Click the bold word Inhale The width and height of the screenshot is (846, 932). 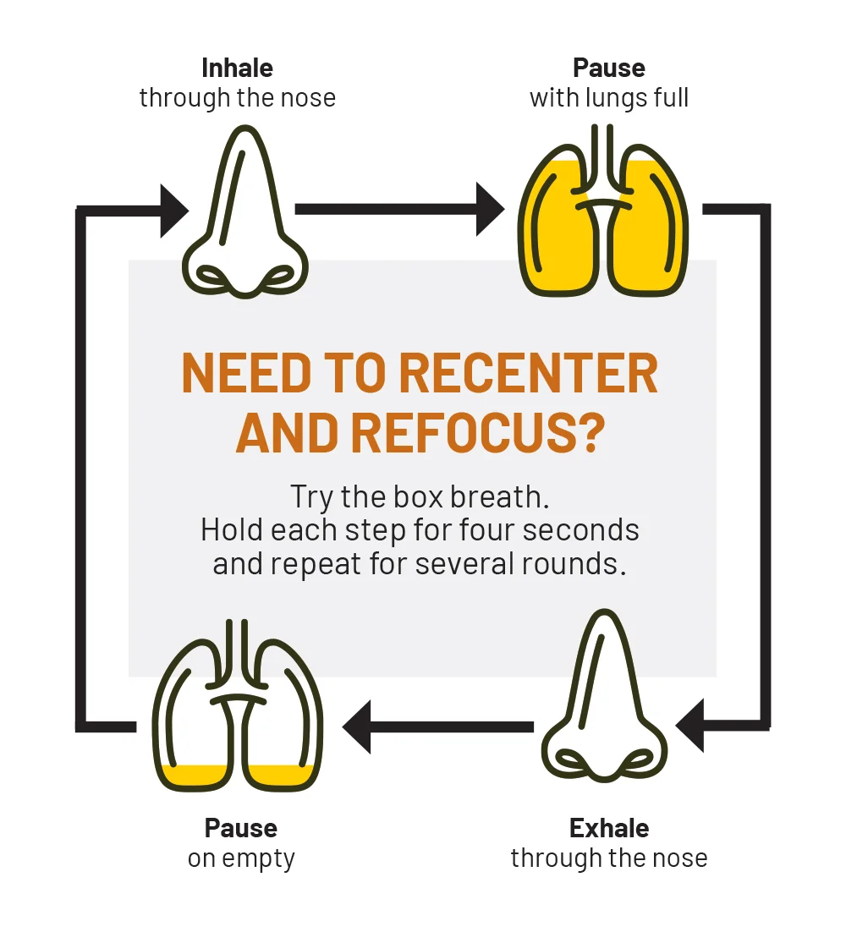237,68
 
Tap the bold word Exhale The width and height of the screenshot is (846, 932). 609,827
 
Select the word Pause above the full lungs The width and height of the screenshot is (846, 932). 609,68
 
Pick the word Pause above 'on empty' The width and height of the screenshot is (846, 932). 241,827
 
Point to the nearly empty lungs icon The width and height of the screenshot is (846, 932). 238,706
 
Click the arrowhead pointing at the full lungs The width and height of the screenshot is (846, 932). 490,208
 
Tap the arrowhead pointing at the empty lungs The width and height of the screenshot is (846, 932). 357,726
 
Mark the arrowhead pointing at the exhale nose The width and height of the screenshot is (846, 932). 690,726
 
